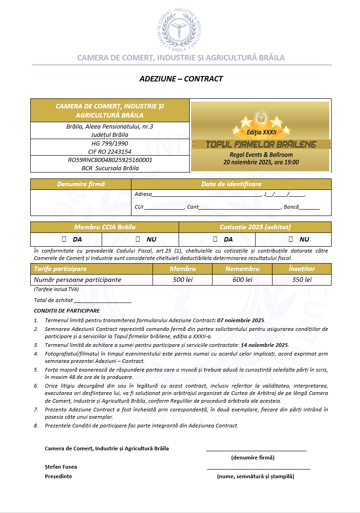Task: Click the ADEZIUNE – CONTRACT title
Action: click(181, 79)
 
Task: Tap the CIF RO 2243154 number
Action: click(110, 151)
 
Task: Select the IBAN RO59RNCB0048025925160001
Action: click(110, 160)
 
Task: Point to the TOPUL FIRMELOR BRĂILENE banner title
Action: click(261, 145)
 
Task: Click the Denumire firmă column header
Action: click(81, 184)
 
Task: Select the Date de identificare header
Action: click(231, 184)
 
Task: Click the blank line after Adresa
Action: click(206, 194)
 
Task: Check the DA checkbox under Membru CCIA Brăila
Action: click(64, 239)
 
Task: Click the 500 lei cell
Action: click(182, 280)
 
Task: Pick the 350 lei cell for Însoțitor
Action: click(302, 280)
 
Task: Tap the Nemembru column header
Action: click(242, 269)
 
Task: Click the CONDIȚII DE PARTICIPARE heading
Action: click(67, 311)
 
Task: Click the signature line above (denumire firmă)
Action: click(256, 450)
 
